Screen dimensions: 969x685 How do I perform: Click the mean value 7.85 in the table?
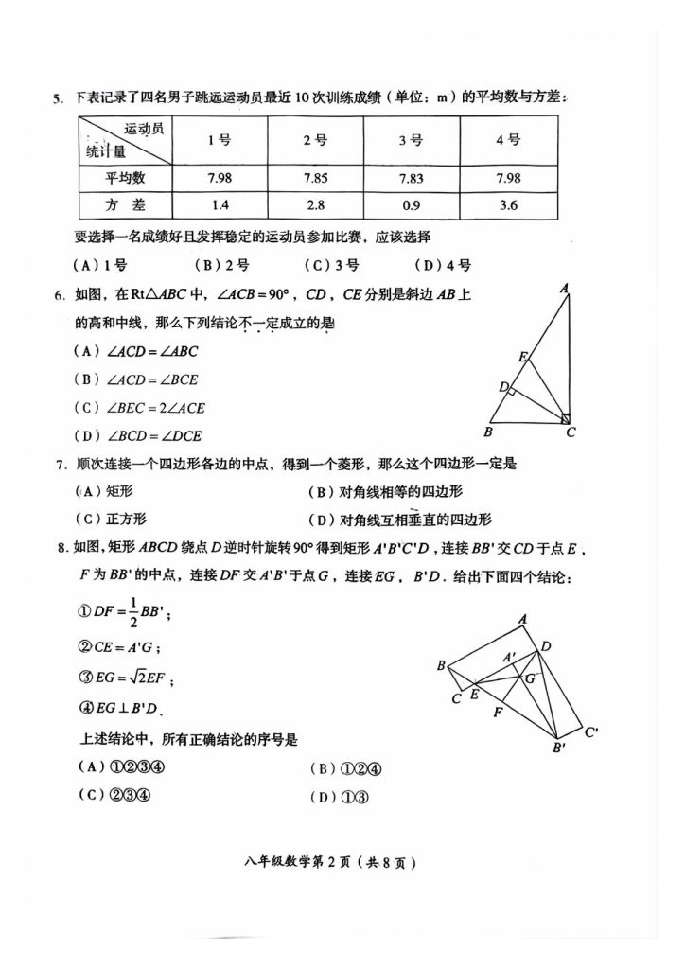pos(315,178)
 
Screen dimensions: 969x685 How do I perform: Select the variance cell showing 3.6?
pos(508,205)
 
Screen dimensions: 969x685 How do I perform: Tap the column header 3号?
pos(410,140)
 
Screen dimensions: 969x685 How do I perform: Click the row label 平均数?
pos(125,178)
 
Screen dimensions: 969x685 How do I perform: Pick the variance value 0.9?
pos(410,205)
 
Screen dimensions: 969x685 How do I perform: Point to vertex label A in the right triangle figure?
pos(563,289)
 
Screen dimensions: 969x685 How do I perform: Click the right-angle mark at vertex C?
pos(565,417)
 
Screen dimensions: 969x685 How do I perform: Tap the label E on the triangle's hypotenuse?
pos(522,357)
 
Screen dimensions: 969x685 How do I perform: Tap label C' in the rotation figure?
pos(591,731)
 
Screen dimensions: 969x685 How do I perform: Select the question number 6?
pos(59,295)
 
